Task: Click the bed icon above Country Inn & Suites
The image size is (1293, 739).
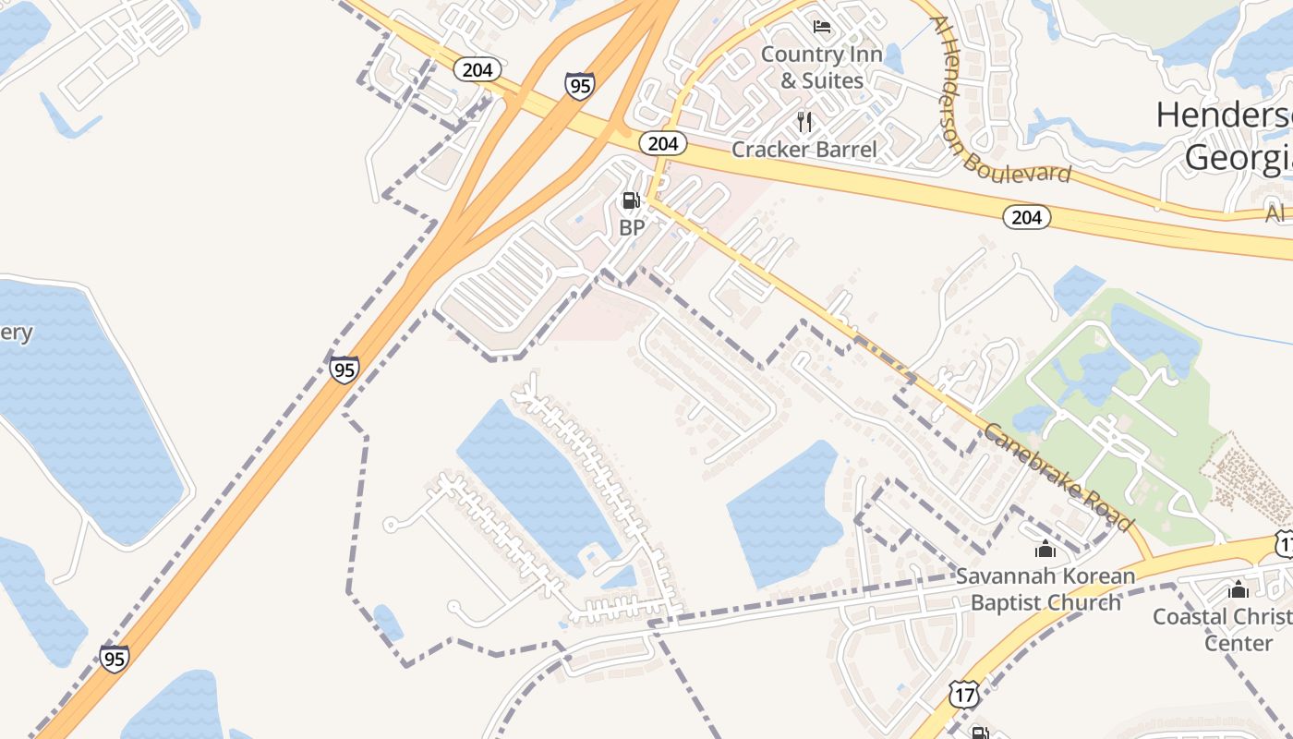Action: (x=821, y=26)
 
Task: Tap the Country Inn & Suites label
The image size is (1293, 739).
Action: (x=821, y=67)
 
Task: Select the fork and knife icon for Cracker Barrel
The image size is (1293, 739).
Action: (x=804, y=121)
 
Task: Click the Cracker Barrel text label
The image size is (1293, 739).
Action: (x=804, y=149)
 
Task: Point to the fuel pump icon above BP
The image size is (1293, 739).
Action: (x=631, y=200)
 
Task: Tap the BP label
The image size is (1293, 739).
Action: (x=631, y=227)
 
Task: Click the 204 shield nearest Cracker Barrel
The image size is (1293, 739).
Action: (x=662, y=143)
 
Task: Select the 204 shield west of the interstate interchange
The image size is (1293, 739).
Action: (x=477, y=69)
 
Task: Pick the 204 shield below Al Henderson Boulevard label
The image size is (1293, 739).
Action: (x=1026, y=217)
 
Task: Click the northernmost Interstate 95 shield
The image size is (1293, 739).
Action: (x=579, y=86)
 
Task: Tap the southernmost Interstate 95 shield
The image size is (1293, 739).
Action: (x=114, y=659)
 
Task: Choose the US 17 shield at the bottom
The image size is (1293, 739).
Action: (x=963, y=695)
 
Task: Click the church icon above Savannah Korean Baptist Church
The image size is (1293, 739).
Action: (x=1045, y=550)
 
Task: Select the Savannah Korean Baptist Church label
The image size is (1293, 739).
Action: (x=1045, y=589)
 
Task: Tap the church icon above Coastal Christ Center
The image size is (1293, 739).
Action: (x=1239, y=589)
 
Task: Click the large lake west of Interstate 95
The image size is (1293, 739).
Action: (x=88, y=406)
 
